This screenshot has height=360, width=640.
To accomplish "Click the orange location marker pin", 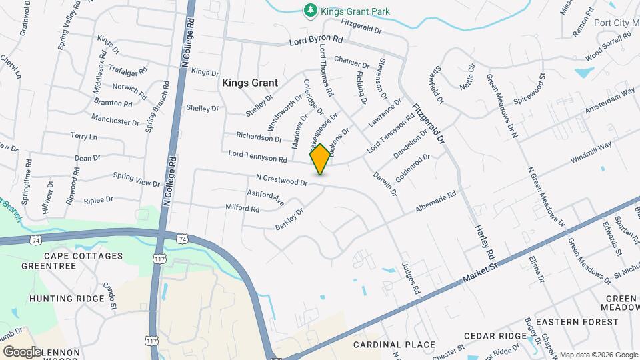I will pos(320,159).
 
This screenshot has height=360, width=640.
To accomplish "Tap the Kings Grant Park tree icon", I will pos(309,10).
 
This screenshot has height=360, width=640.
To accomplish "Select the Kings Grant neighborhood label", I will pos(249,83).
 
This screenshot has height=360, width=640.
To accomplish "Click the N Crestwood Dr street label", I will pos(281,180).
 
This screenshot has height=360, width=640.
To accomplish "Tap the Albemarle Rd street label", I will pos(437,202).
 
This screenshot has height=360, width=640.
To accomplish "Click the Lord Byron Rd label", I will pos(315,41).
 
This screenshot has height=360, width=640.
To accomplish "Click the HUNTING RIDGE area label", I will pos(67,299).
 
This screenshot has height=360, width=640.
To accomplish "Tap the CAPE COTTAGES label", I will pos(83,256).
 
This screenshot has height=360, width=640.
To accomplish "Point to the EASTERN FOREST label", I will pos(577,322).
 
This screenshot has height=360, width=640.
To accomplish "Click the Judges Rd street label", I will pos(411,279).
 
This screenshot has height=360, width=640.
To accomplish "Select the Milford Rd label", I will pos(242,209).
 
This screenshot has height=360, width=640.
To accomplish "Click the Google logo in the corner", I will pos(22,351).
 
